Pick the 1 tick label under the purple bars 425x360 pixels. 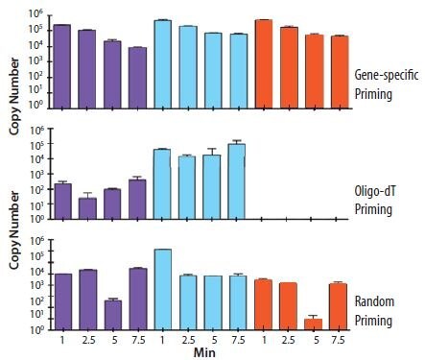tap(62, 340)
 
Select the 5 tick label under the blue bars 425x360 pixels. tap(212, 340)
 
